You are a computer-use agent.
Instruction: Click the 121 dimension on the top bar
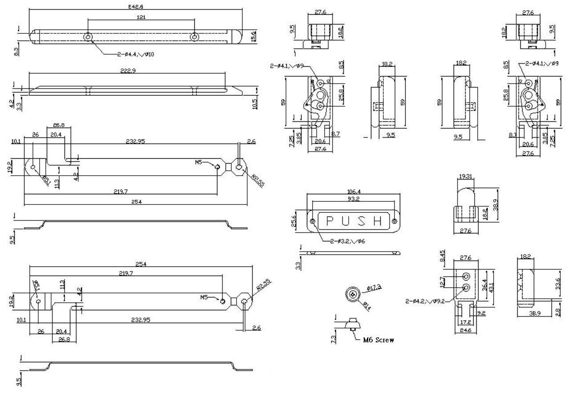click(141, 17)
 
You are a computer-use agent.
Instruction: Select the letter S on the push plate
click(362, 221)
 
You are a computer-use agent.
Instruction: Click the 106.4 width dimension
click(354, 192)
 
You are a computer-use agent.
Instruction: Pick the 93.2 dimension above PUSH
click(354, 199)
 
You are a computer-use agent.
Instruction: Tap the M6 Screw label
click(378, 340)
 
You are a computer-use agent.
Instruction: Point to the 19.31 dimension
click(465, 176)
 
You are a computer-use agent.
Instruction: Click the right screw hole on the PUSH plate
click(394, 221)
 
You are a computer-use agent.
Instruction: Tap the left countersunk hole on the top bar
click(88, 36)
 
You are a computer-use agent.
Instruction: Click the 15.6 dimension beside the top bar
click(254, 36)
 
